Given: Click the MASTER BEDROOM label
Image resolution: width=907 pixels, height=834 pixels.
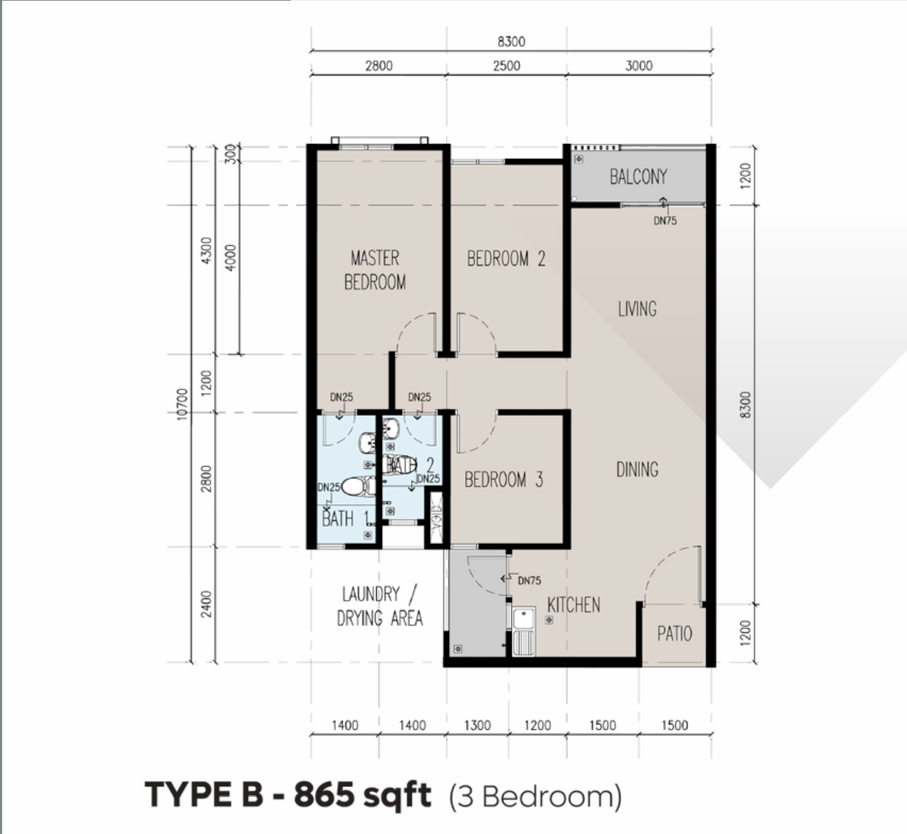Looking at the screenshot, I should click(375, 270).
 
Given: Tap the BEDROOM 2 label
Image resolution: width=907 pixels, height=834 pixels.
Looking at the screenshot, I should click(506, 259).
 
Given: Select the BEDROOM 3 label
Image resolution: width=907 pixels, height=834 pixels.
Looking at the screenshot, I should click(503, 480).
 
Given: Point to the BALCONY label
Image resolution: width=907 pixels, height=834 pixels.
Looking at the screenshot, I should click(638, 177).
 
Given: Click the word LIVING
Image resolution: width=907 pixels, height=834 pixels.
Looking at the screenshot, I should click(637, 309).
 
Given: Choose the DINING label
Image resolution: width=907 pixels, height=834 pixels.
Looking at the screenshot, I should click(637, 469).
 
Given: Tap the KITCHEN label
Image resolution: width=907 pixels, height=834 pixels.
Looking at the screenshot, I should click(573, 605).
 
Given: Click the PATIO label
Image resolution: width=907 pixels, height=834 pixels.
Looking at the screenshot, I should click(674, 634).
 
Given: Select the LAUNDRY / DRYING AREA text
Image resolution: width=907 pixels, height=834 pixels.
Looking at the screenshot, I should click(380, 606).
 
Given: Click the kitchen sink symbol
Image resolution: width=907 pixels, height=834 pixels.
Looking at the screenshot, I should click(524, 631).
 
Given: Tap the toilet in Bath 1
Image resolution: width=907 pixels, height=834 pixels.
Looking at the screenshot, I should click(358, 487).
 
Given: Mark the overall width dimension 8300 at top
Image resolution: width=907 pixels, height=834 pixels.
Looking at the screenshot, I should click(511, 41).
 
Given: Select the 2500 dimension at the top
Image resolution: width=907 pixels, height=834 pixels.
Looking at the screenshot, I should click(506, 66).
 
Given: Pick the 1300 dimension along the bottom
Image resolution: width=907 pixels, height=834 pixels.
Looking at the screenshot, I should click(477, 726).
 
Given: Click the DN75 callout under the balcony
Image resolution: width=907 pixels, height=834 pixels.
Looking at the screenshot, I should click(665, 221).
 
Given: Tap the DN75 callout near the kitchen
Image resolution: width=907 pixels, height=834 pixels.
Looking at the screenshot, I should click(528, 581).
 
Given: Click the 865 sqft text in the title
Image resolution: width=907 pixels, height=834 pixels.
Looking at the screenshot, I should click(362, 795).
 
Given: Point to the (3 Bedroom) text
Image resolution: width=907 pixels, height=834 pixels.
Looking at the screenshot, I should click(535, 796).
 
